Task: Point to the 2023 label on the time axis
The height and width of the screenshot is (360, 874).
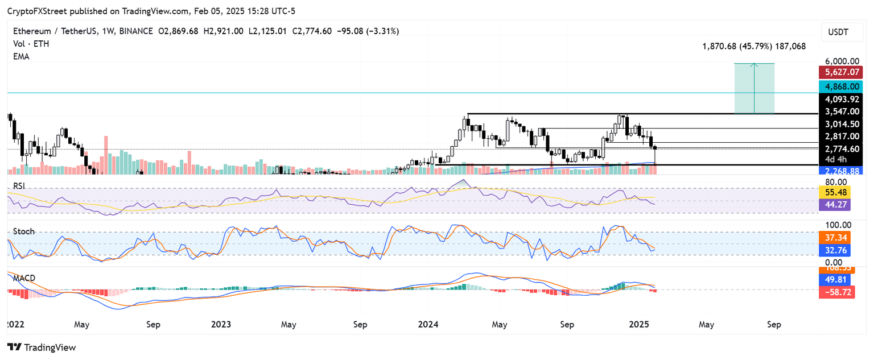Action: tap(221, 324)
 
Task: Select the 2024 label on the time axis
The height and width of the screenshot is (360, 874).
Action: tap(428, 324)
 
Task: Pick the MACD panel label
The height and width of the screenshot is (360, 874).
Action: tap(23, 278)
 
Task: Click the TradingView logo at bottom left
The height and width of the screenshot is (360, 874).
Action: tap(41, 347)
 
